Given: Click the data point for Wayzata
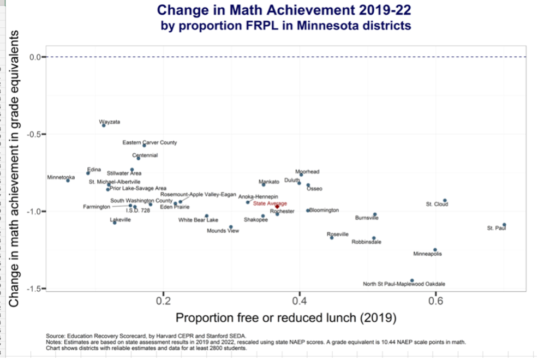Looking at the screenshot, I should [104, 125].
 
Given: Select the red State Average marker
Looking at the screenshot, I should [277, 207].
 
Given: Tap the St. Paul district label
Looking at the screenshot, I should [497, 228].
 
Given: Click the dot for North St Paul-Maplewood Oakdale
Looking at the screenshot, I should [412, 280].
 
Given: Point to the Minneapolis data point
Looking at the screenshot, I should [435, 250].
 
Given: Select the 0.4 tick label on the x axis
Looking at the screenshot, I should [299, 301].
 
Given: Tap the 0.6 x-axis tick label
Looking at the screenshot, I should [435, 301].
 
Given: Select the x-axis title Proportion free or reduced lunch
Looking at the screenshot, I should [285, 317].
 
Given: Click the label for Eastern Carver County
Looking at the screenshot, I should [149, 142].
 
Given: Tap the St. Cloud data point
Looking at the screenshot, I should [445, 201].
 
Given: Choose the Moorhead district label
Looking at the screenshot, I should [307, 171].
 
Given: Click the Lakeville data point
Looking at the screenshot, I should [115, 223].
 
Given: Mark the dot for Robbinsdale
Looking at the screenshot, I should [374, 238].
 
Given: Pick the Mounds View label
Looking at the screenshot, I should [223, 231].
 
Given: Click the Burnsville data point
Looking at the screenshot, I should [374, 214].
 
